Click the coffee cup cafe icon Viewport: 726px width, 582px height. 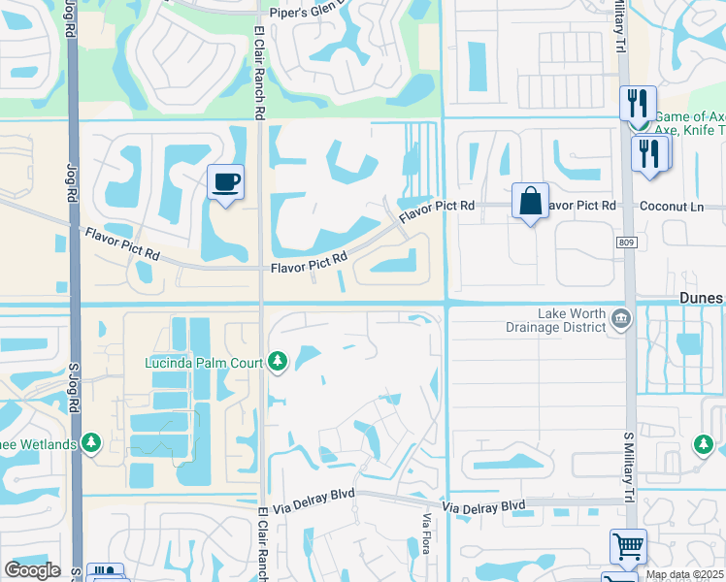pyautogui.click(x=225, y=182)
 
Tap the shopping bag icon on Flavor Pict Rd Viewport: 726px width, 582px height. pyautogui.click(x=530, y=202)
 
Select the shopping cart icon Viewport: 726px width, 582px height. pyautogui.click(x=628, y=547)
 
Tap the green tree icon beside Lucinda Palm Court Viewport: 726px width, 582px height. pyautogui.click(x=279, y=362)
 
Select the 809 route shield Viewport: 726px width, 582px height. pyautogui.click(x=628, y=242)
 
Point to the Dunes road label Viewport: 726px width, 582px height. pyautogui.click(x=702, y=299)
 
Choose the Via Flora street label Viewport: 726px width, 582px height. pyautogui.click(x=425, y=534)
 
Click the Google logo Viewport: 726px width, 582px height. pyautogui.click(x=32, y=570)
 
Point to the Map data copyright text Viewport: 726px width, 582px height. pyautogui.click(x=684, y=574)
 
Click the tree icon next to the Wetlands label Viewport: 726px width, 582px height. pyautogui.click(x=92, y=443)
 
